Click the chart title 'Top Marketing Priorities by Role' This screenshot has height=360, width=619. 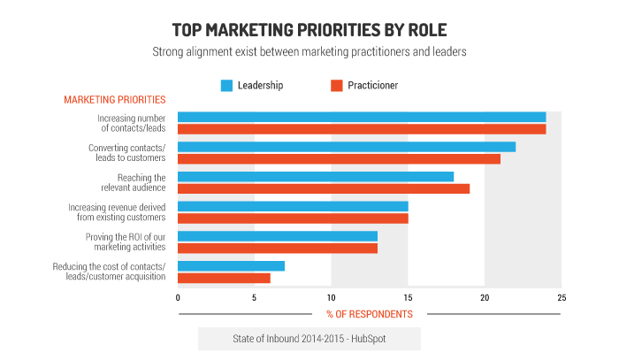pyautogui.click(x=309, y=27)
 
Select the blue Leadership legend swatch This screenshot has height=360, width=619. pyautogui.click(x=226, y=86)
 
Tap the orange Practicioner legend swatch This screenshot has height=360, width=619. pyautogui.click(x=336, y=86)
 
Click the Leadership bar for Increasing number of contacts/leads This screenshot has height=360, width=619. pyautogui.click(x=362, y=117)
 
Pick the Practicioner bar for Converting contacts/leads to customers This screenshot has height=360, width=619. pyautogui.click(x=339, y=158)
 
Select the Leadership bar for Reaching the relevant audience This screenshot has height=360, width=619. pyautogui.click(x=316, y=177)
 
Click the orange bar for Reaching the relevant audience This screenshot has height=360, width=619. pyautogui.click(x=324, y=188)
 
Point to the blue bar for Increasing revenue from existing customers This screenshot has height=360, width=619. pyautogui.click(x=293, y=206)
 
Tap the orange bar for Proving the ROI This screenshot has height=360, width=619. pyautogui.click(x=278, y=248)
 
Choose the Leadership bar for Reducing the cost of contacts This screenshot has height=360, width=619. pyautogui.click(x=231, y=266)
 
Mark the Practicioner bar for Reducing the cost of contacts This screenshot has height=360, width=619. pyautogui.click(x=224, y=278)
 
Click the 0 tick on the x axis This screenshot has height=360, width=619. pyautogui.click(x=178, y=298)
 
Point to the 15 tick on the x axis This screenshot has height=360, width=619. pyautogui.click(x=408, y=298)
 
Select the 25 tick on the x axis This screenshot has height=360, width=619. pyautogui.click(x=561, y=298)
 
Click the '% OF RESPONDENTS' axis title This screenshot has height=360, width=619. pyautogui.click(x=370, y=314)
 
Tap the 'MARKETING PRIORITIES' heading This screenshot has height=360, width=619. pyautogui.click(x=114, y=100)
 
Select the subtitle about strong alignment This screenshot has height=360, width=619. pyautogui.click(x=309, y=51)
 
